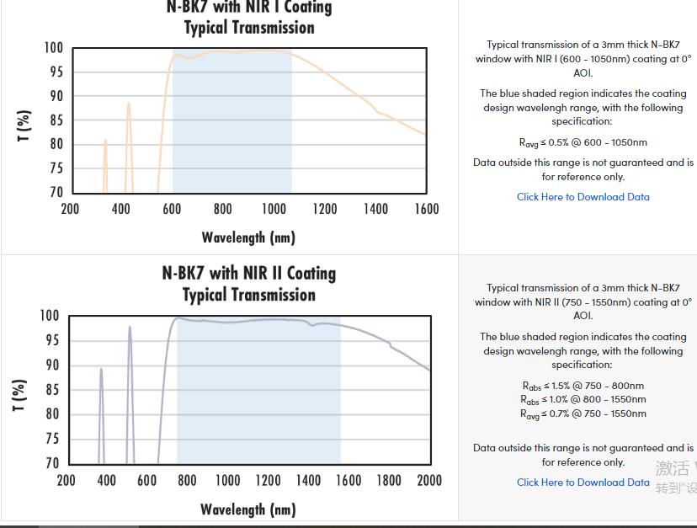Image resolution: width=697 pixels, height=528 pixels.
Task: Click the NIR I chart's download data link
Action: coord(583,196)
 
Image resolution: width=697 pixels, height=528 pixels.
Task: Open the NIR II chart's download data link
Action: coord(583,483)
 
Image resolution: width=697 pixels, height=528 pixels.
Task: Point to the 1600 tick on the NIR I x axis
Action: coord(427,209)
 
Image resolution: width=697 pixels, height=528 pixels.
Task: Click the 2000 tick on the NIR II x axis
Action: coord(429,480)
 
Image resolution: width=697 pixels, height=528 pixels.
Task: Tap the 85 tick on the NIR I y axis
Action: coord(56,120)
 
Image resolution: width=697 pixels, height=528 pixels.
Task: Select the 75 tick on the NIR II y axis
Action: coord(52,439)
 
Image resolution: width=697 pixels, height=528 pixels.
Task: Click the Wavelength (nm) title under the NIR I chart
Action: coord(248,237)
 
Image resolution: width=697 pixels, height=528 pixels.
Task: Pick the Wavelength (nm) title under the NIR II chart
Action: coord(248,509)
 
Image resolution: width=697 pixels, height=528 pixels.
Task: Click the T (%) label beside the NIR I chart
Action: coord(24,125)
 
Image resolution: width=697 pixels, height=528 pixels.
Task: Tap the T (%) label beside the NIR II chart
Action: coord(19,396)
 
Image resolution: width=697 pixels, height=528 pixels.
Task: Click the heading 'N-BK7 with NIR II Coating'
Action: coord(249,273)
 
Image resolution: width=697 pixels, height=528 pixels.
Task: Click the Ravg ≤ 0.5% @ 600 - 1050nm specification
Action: coord(583,143)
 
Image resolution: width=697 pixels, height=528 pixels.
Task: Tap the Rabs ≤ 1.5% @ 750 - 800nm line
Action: coord(583,386)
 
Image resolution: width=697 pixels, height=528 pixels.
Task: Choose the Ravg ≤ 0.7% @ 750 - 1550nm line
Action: coord(583,414)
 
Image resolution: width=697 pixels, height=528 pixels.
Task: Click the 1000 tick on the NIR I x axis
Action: coord(274,209)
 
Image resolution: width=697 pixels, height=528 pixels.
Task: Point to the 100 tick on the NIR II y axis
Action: coord(50,316)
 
